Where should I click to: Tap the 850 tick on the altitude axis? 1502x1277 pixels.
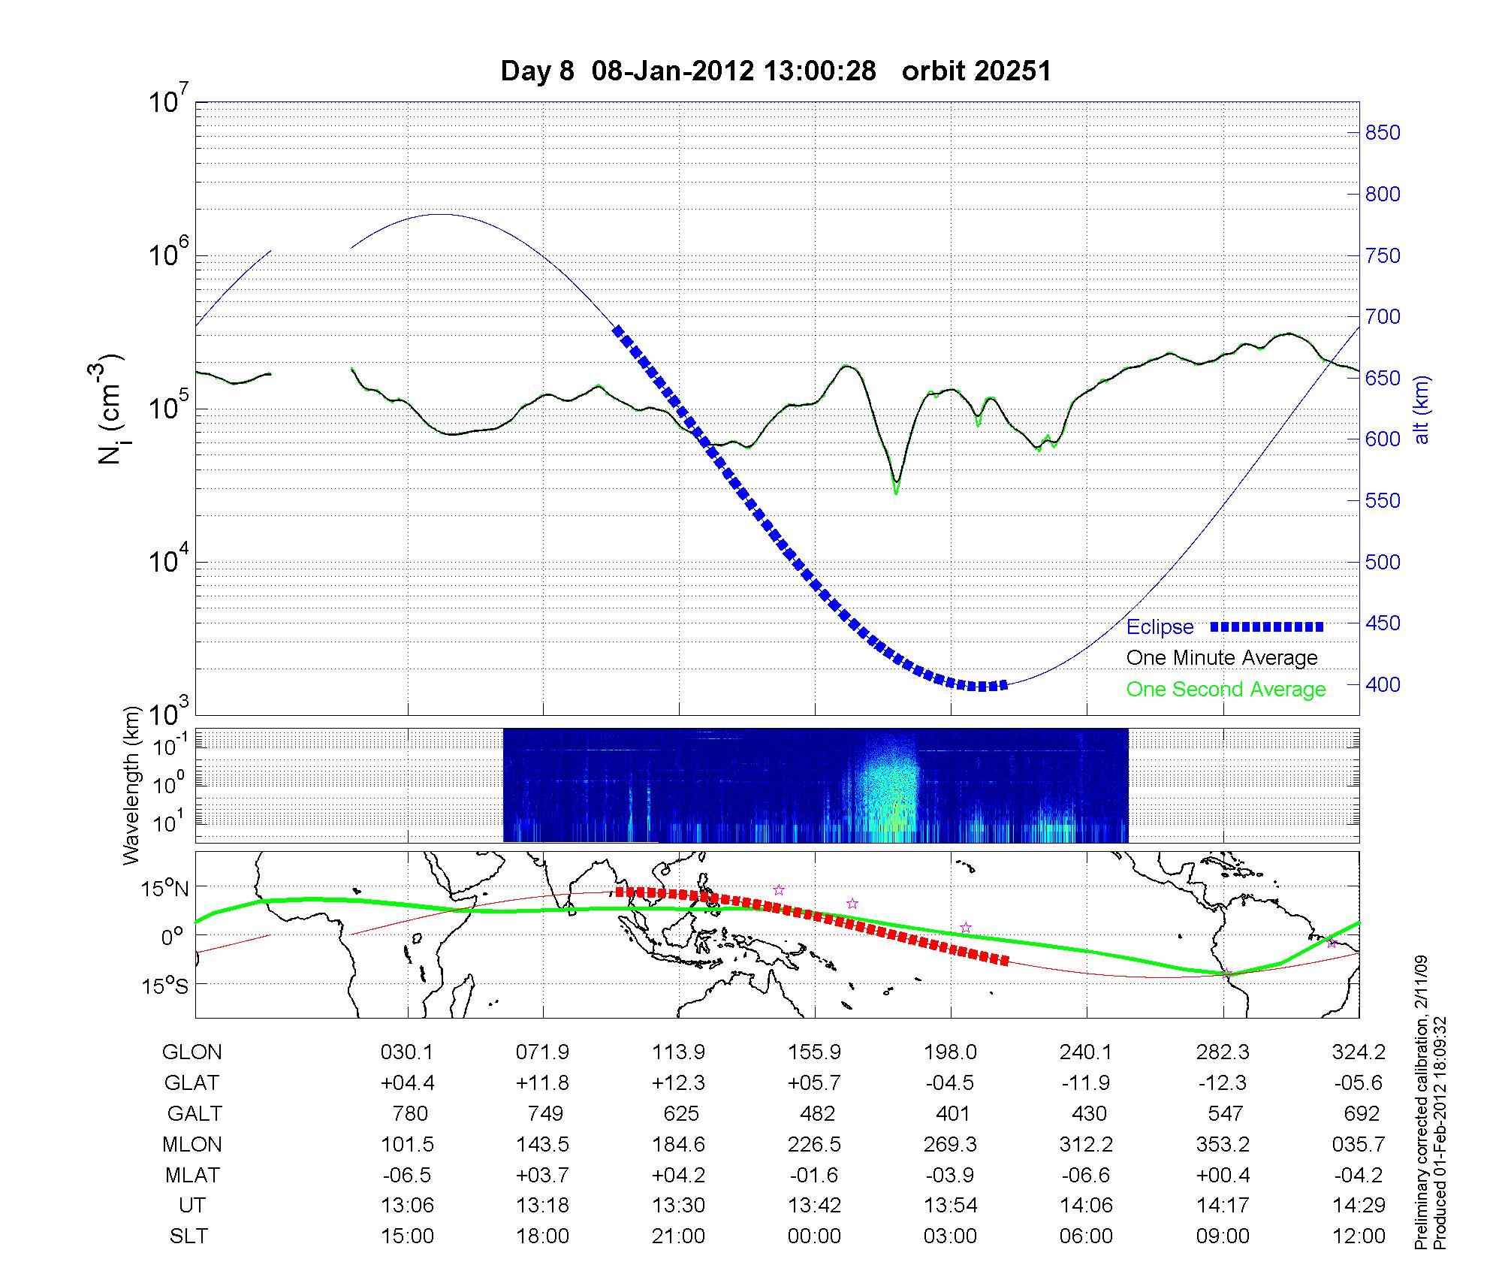(1383, 133)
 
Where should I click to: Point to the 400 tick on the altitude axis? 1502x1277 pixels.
(1383, 685)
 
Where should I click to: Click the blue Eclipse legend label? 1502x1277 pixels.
(1160, 627)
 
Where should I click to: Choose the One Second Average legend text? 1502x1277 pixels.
(1226, 690)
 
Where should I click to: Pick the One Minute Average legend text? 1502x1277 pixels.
(1222, 658)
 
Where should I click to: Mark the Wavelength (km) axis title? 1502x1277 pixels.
(132, 785)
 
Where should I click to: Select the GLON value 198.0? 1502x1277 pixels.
(951, 1052)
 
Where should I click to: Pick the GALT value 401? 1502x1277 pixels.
(953, 1113)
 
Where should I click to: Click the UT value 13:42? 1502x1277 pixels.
(815, 1206)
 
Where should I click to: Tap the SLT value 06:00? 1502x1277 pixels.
(1087, 1236)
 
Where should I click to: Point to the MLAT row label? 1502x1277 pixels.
(192, 1175)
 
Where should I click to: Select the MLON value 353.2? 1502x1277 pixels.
(1223, 1144)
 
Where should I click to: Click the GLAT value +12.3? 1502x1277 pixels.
(679, 1082)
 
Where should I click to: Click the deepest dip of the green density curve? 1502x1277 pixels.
(896, 492)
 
